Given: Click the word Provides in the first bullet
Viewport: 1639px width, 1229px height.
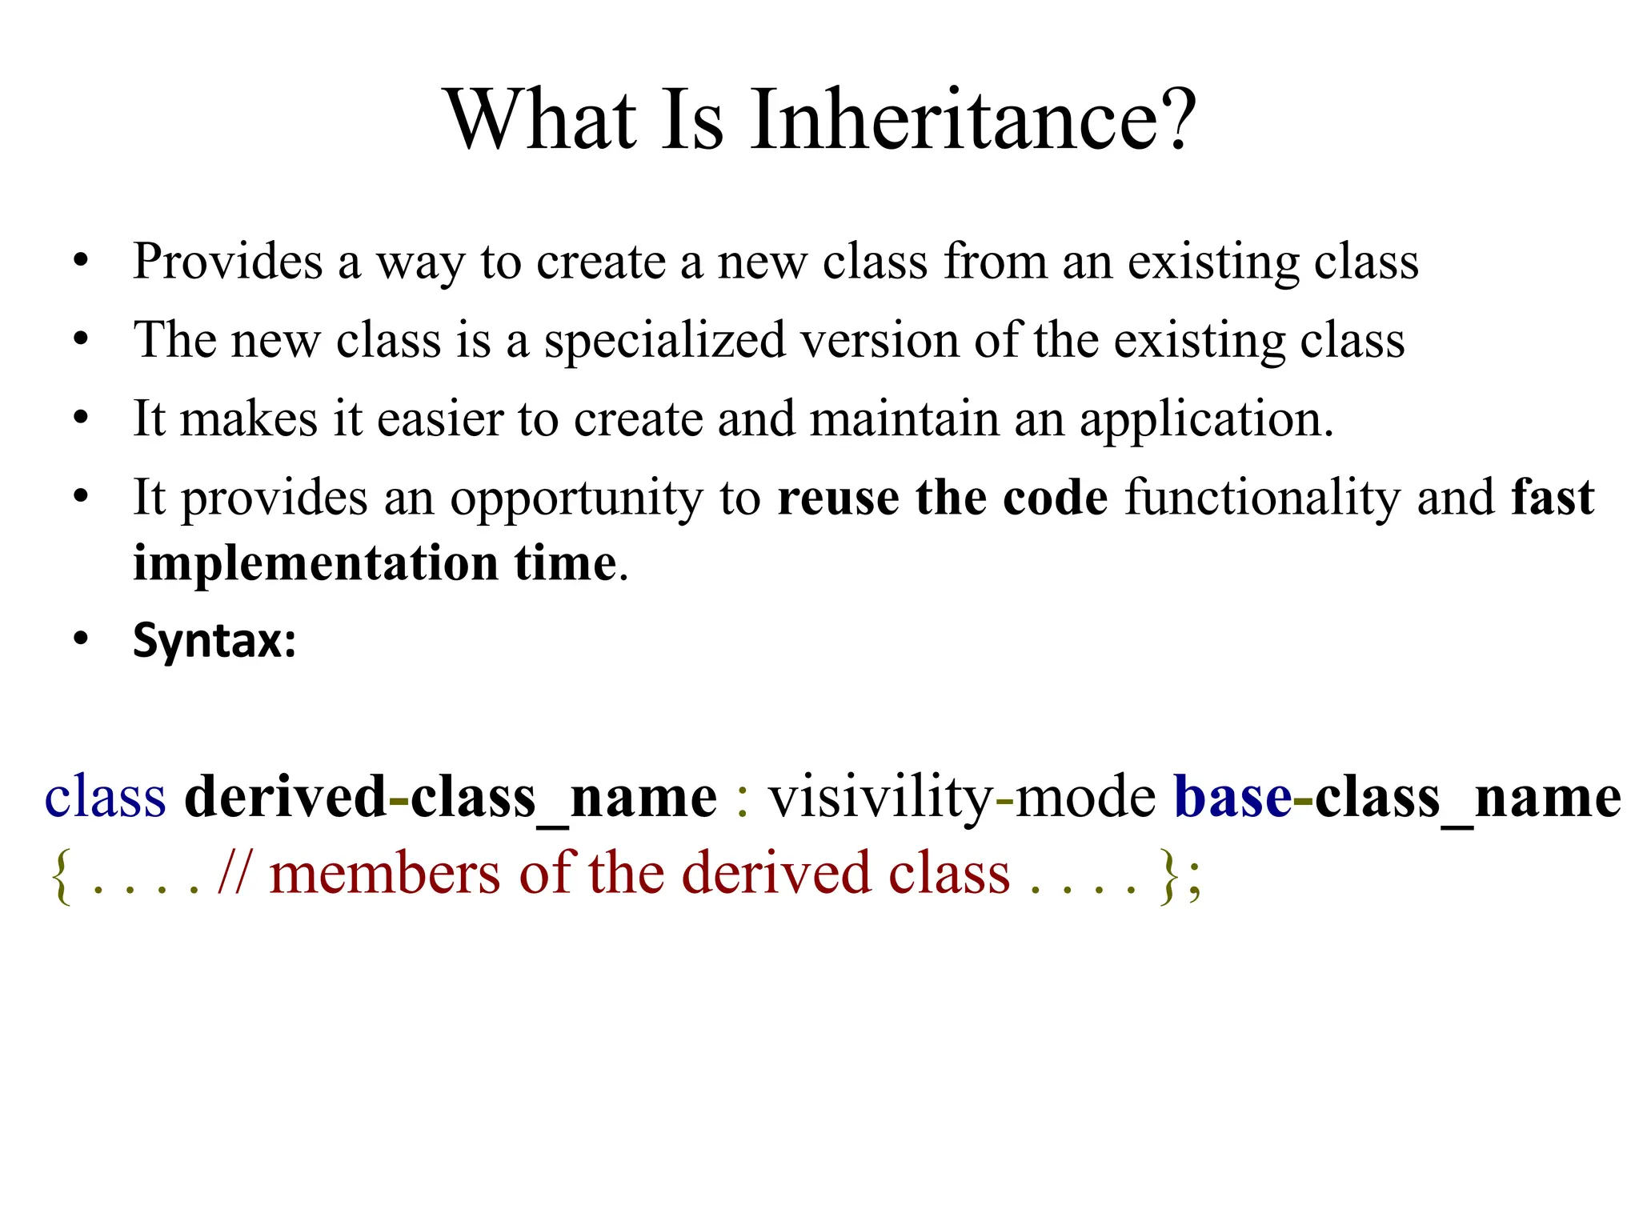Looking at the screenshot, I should (228, 262).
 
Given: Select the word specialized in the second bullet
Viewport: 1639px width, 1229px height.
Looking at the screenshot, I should (665, 341).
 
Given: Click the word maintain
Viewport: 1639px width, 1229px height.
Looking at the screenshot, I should (904, 419).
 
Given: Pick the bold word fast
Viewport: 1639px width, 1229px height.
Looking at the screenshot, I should (1553, 498).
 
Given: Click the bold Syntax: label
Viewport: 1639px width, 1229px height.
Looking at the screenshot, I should (214, 641).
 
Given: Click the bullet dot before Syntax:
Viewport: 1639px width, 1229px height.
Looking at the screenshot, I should (81, 640).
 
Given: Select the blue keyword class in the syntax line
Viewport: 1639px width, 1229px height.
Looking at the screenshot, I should (105, 798).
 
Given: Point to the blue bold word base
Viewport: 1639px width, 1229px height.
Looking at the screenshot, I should (1232, 798).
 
